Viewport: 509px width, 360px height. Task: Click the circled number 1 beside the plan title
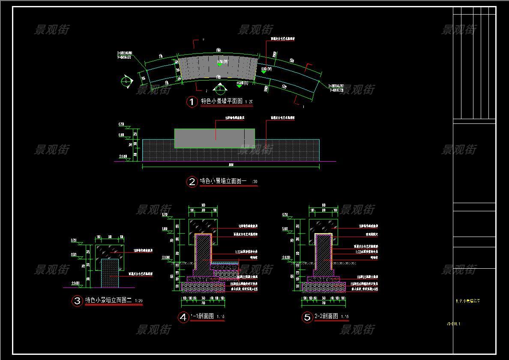[x=192, y=102]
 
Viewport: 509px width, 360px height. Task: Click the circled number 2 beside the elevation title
[x=192, y=182]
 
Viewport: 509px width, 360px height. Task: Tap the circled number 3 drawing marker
[x=77, y=301]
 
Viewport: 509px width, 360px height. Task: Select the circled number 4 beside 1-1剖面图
[x=183, y=317]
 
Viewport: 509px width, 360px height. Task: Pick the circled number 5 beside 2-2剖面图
[x=307, y=317]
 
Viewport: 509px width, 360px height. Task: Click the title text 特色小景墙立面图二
[x=108, y=300]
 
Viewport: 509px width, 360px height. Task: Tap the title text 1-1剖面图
[x=202, y=317]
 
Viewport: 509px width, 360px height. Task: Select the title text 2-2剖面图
[x=326, y=317]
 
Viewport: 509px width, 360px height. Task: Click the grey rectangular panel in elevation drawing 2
[x=214, y=138]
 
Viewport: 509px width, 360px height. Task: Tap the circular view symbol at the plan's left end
[x=126, y=81]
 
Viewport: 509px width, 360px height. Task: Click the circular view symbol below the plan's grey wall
[x=220, y=89]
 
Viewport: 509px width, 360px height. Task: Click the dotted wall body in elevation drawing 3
[x=110, y=273]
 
